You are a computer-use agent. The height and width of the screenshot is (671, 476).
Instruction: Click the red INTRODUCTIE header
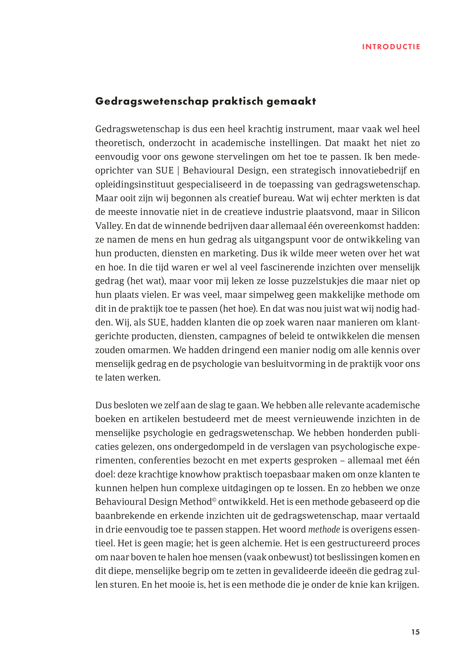click(x=391, y=47)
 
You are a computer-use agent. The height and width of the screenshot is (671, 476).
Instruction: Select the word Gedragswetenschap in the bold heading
click(x=152, y=101)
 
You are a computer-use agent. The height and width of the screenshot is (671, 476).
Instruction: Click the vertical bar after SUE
click(x=178, y=171)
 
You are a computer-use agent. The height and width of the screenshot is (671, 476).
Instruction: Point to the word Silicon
click(x=406, y=212)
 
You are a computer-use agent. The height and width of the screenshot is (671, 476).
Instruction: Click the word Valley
click(x=108, y=226)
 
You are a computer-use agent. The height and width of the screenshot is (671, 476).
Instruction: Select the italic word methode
click(x=324, y=530)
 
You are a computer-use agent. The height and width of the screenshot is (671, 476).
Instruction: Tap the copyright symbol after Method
click(x=214, y=500)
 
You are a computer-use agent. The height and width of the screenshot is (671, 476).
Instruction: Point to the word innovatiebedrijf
click(x=373, y=171)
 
